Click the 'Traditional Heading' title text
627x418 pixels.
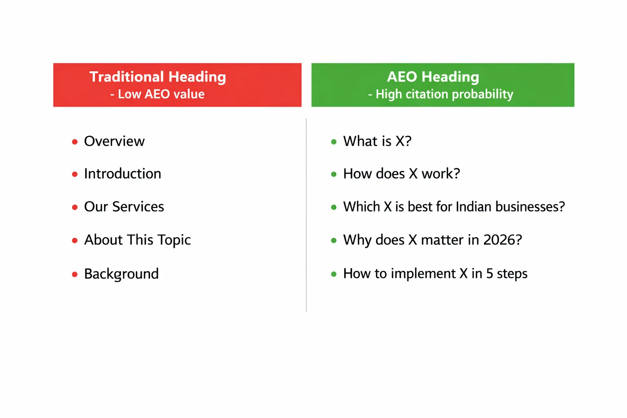tap(158, 77)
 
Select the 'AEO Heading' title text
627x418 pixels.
tap(433, 77)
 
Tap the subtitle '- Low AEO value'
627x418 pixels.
tap(158, 94)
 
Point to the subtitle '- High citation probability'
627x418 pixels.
tap(440, 94)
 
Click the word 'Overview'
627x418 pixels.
tap(114, 141)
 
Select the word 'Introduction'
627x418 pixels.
tap(122, 174)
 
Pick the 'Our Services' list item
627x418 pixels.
tap(124, 207)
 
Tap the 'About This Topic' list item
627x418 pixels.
tap(137, 240)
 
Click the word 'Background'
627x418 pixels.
tap(121, 274)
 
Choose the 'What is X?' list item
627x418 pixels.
tap(377, 141)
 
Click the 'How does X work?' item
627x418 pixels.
tap(401, 174)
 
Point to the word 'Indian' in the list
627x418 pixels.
tap(473, 207)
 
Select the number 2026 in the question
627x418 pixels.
tap(502, 240)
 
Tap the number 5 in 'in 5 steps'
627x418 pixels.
tap(489, 273)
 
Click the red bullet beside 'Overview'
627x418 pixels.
tap(75, 142)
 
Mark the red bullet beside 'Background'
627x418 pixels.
tap(75, 274)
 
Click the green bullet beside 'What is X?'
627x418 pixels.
tap(334, 142)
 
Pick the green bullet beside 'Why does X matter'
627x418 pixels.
tap(334, 240)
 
